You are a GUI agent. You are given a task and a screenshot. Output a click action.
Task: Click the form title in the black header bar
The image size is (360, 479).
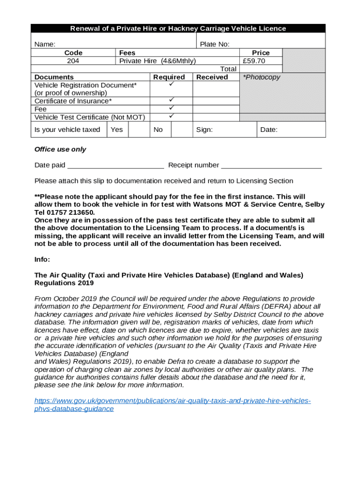tap(178, 29)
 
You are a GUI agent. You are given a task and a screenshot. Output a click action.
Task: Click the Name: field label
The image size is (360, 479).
tap(45, 44)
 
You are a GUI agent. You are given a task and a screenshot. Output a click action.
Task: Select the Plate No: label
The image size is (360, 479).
tap(215, 44)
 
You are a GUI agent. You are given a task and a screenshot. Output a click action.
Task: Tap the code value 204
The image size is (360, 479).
tap(73, 61)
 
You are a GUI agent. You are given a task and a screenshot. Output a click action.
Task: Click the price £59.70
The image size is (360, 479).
tap(254, 61)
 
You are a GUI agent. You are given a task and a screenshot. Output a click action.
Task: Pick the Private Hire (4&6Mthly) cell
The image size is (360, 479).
tap(158, 61)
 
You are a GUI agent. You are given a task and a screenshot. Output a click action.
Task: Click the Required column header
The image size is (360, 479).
tap(169, 77)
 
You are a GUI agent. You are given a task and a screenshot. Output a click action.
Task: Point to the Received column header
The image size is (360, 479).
tap(212, 77)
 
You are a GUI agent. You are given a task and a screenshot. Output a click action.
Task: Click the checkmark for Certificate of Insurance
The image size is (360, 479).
tap(171, 100)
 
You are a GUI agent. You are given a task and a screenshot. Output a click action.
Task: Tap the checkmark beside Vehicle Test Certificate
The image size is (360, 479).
tap(171, 116)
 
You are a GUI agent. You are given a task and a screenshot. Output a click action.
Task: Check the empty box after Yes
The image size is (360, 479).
tap(139, 130)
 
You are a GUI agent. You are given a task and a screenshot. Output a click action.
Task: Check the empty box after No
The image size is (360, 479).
tap(181, 130)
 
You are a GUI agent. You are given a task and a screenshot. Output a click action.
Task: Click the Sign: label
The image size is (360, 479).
tap(204, 130)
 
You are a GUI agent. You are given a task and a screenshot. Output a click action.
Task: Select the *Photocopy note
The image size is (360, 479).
tap(261, 77)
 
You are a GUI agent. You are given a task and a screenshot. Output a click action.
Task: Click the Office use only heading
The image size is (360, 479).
tap(60, 150)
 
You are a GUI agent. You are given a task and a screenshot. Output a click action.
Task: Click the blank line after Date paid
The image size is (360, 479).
tap(115, 166)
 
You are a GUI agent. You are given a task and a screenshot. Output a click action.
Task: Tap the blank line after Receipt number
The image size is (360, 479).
tap(271, 166)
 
